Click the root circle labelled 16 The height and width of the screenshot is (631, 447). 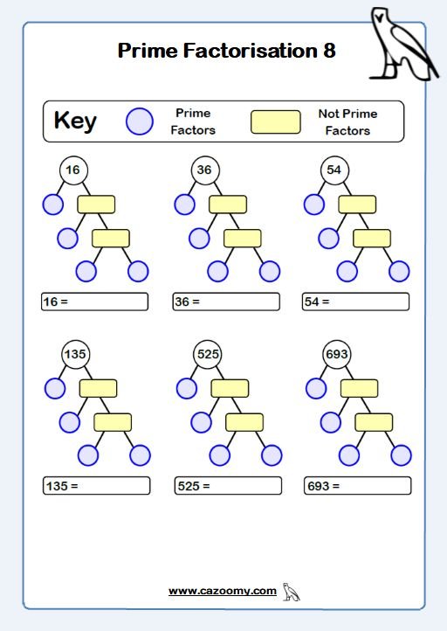(x=73, y=170)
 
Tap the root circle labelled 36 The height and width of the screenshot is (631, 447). (x=205, y=170)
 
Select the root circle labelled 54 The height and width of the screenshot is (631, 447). (x=335, y=170)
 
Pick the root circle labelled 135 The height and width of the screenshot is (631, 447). (x=76, y=355)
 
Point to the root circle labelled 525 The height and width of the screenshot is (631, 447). (x=208, y=355)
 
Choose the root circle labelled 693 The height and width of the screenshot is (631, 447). (x=337, y=355)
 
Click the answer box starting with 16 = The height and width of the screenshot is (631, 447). (x=94, y=302)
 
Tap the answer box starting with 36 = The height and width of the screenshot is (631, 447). (x=226, y=302)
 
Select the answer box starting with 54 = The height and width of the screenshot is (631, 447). (x=355, y=302)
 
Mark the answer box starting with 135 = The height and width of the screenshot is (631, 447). (x=97, y=486)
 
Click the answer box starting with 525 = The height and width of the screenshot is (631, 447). (x=228, y=486)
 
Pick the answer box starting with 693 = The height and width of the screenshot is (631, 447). (x=358, y=486)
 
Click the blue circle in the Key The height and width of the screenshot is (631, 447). (x=140, y=121)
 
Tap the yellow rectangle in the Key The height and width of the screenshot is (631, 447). (x=276, y=121)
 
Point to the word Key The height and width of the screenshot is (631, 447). (x=75, y=121)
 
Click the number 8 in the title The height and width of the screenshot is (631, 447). (x=329, y=51)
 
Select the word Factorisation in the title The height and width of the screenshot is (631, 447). (x=251, y=51)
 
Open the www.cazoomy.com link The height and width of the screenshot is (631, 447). (x=223, y=591)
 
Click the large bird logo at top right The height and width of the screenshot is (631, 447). (x=402, y=45)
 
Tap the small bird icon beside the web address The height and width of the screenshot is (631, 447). (x=291, y=592)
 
